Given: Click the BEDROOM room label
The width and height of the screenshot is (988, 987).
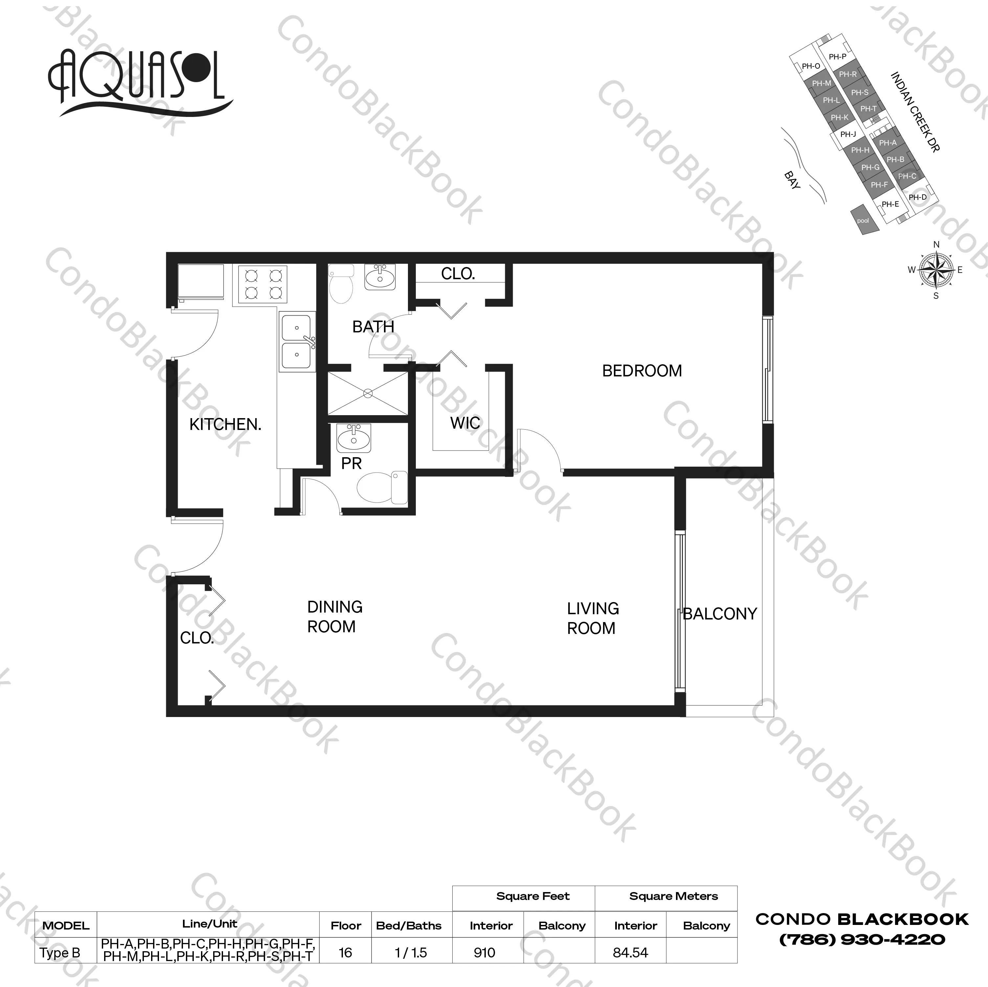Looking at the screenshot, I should click(x=642, y=371).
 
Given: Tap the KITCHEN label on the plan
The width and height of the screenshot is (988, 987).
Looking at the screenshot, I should click(x=225, y=424).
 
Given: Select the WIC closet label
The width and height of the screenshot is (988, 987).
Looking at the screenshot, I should click(x=465, y=423).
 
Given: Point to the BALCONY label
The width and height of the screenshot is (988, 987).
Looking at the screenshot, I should click(x=720, y=614).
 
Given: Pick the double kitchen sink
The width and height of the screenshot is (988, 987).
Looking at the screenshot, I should click(x=297, y=341).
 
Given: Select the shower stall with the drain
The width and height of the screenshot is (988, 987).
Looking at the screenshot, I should click(x=368, y=393).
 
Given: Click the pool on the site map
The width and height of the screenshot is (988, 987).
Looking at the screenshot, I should click(x=863, y=220).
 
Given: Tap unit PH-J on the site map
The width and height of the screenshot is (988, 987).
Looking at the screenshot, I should click(x=848, y=134).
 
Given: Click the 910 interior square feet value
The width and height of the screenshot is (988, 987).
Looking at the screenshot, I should click(x=484, y=953).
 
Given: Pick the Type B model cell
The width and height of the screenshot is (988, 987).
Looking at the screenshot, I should click(x=60, y=953).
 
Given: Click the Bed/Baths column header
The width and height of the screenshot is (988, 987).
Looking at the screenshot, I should click(x=409, y=926).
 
